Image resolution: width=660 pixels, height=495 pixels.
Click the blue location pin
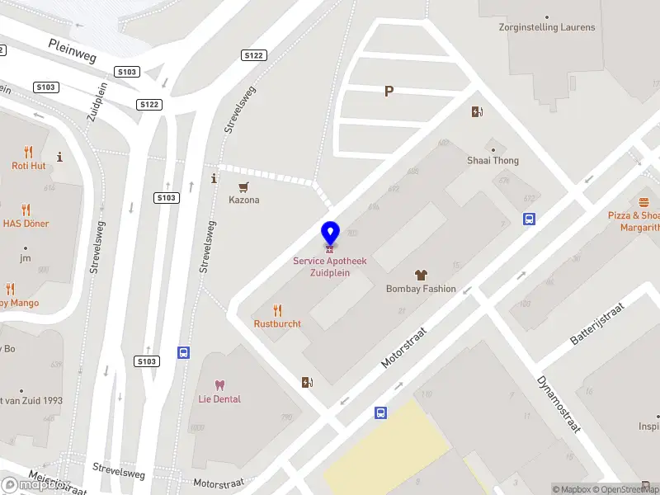click(330, 233)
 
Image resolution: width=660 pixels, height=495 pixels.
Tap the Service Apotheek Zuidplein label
click(330, 266)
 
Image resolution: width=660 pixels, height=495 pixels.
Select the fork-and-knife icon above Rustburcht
click(277, 310)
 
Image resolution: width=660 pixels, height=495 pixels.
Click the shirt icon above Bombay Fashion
click(421, 275)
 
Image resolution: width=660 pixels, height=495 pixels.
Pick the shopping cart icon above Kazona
click(243, 187)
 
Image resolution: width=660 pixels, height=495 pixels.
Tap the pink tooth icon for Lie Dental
click(219, 384)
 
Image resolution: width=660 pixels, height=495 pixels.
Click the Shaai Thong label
click(493, 161)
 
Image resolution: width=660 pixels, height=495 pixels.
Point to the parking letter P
click(389, 92)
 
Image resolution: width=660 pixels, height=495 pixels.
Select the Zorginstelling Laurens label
click(547, 27)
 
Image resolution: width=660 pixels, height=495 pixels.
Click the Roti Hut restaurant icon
click(29, 152)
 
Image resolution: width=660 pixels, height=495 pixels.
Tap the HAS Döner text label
click(26, 224)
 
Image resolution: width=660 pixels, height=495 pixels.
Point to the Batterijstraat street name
click(598, 323)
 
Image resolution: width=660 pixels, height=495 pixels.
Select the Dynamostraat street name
click(559, 404)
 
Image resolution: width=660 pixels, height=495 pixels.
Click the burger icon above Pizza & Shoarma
click(643, 202)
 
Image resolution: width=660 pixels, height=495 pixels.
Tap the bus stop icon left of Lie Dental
click(183, 352)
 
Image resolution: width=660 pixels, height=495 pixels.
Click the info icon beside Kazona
click(214, 178)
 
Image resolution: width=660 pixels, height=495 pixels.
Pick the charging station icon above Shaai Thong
click(477, 112)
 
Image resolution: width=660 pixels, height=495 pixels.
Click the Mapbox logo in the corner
click(23, 484)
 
